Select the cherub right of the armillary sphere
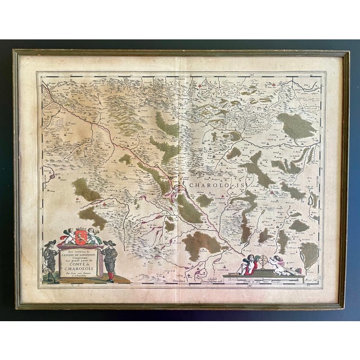277,262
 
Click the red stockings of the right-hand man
110,275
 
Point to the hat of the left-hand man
51,243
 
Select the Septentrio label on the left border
40,180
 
